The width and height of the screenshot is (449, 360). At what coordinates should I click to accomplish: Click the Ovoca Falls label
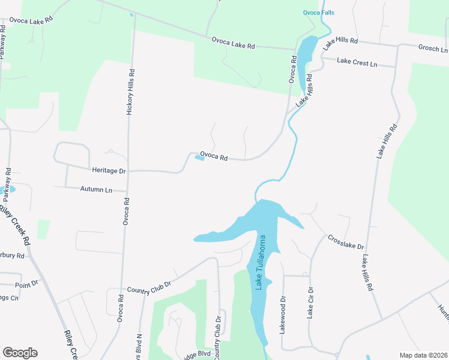point(318,12)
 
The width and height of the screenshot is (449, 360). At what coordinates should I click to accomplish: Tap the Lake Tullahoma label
point(261,262)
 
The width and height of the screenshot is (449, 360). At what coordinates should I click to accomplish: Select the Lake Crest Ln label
point(357,62)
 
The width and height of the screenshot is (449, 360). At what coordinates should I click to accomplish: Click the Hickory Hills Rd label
point(131,90)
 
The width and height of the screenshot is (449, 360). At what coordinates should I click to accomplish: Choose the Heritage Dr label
point(109,171)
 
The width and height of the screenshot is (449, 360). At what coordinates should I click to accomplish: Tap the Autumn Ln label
point(96,190)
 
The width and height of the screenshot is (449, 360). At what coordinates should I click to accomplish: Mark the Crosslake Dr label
point(346,242)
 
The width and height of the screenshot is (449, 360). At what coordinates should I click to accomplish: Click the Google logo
point(20,353)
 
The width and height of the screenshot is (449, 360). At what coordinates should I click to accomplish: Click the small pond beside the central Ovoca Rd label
point(199,158)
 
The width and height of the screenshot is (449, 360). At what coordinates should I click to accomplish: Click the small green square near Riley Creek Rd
point(43,229)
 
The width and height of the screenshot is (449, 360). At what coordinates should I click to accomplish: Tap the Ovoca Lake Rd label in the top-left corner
point(31,19)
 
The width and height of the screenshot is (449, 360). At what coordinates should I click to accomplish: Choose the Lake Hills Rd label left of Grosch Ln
point(340,42)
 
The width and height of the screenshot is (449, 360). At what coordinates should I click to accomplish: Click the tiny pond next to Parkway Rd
point(12,189)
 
